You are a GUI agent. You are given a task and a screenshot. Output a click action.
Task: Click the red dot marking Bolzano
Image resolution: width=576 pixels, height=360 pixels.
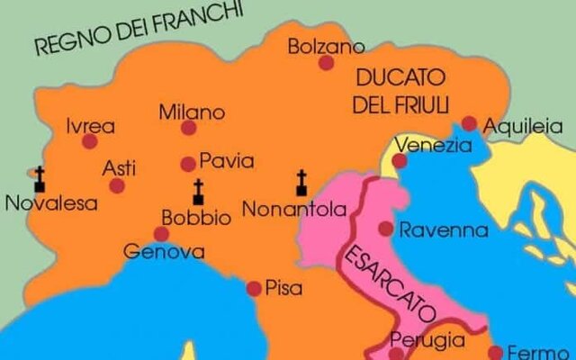point(326,62)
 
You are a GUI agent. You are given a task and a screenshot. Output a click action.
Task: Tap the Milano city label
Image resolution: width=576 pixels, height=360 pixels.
point(192,112)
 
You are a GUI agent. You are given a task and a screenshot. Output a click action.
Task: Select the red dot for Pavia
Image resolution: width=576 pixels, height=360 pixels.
point(188,164)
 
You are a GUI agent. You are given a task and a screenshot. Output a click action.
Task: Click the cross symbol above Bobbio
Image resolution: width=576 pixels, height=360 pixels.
point(198,191)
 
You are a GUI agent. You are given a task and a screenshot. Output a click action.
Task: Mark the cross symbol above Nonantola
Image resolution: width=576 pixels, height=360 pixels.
point(301,183)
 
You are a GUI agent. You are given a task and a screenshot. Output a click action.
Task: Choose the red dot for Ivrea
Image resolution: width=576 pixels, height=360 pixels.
point(89,141)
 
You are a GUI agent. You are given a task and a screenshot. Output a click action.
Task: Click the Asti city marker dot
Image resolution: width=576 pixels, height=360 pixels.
point(117,185)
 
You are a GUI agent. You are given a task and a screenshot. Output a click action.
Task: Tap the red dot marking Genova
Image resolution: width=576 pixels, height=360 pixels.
point(162,234)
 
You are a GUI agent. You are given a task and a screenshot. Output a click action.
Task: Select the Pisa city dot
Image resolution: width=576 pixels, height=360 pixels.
point(254,288)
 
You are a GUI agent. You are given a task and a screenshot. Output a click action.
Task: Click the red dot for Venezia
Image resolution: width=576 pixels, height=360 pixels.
point(400,161)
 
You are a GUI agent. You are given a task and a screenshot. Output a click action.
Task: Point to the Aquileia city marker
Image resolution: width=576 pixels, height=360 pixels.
point(469,123)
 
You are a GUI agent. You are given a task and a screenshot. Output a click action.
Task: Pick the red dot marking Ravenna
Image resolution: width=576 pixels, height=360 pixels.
point(385,229)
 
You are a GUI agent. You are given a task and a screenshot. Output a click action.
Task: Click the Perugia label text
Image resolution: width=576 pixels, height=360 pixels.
point(427,340)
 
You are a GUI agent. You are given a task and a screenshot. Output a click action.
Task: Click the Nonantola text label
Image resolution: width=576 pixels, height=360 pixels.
point(294,210)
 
